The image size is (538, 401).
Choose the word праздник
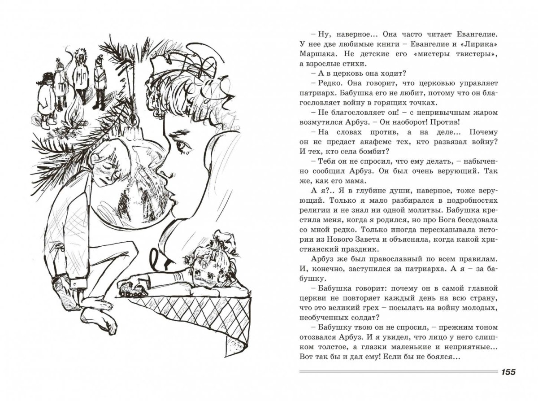click(x=360, y=249)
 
